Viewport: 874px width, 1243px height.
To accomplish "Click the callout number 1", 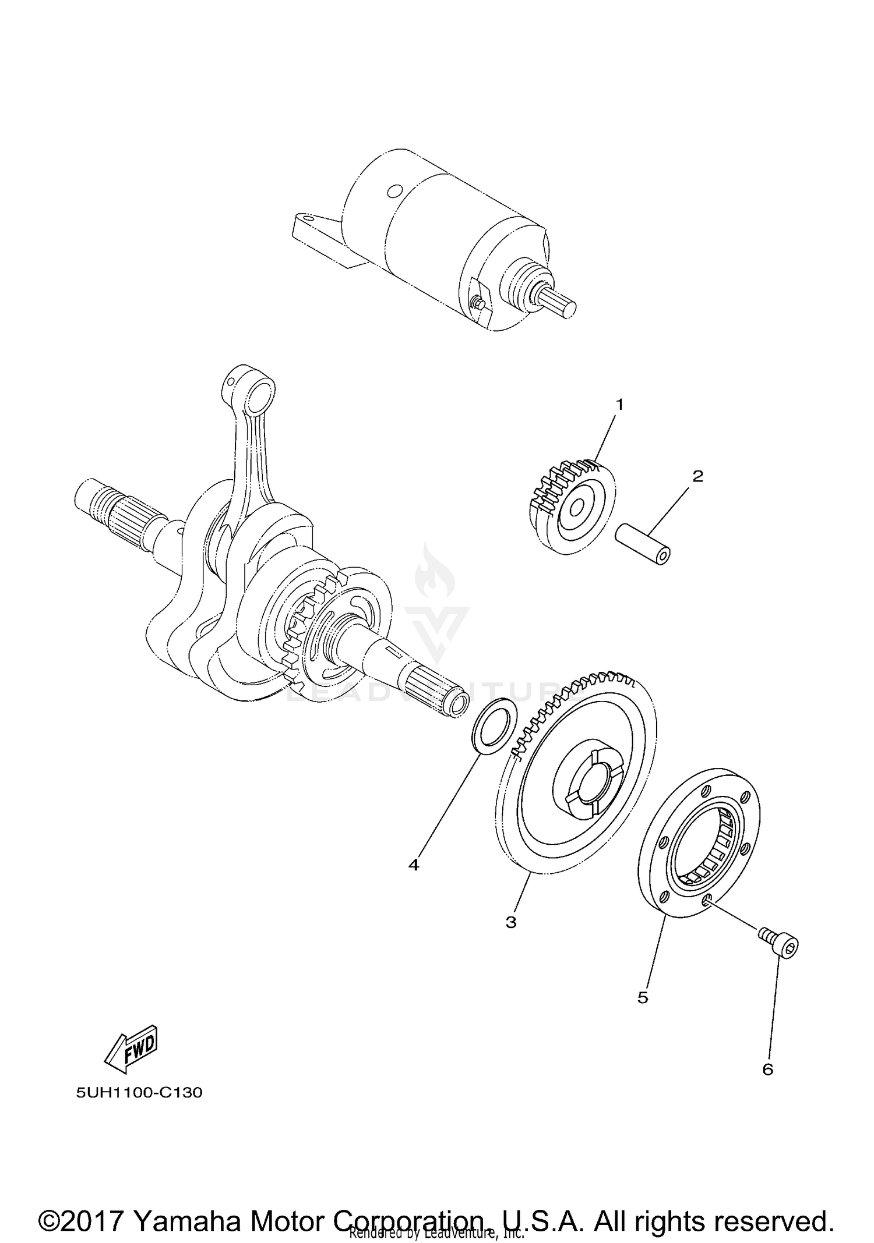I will tap(619, 405).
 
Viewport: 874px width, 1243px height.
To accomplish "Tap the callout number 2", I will tap(697, 476).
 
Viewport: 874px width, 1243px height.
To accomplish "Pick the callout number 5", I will tap(643, 998).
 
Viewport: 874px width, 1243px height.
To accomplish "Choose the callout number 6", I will tap(767, 1070).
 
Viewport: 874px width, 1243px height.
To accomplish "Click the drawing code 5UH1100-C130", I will tap(139, 1093).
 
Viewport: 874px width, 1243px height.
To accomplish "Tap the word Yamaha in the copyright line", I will tap(186, 1206).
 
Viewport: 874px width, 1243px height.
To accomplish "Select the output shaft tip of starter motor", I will tap(566, 309).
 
